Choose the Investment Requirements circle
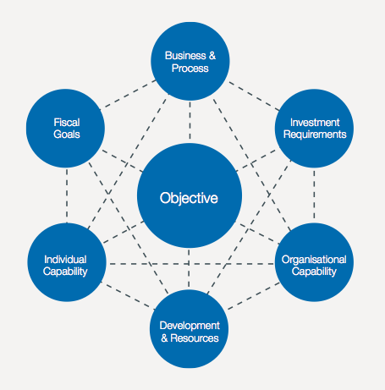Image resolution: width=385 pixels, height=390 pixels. [x=313, y=128]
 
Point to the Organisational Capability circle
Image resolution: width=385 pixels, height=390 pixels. [x=314, y=265]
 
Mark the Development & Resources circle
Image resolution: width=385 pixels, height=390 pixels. [x=190, y=331]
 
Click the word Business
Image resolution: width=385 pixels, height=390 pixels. [x=184, y=54]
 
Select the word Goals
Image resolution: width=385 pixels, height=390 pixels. [x=65, y=135]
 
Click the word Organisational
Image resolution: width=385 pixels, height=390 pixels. [x=314, y=259]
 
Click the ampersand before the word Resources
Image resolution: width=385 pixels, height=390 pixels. [x=165, y=338]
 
